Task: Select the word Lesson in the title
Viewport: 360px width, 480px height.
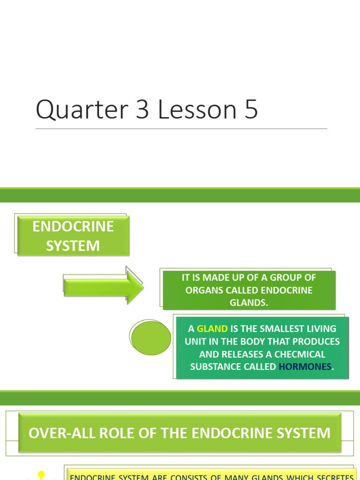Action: [197, 110]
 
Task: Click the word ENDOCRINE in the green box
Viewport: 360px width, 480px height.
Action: [73, 226]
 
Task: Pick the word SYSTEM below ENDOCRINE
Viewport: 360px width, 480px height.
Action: [73, 246]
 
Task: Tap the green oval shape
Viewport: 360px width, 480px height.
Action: [151, 338]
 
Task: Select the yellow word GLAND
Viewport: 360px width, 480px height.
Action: [212, 329]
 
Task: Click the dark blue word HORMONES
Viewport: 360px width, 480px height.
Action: [305, 367]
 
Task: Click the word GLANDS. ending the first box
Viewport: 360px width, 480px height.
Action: [249, 302]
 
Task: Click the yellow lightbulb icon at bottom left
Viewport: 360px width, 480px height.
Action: [41, 475]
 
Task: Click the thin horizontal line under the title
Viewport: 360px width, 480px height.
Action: [181, 128]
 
